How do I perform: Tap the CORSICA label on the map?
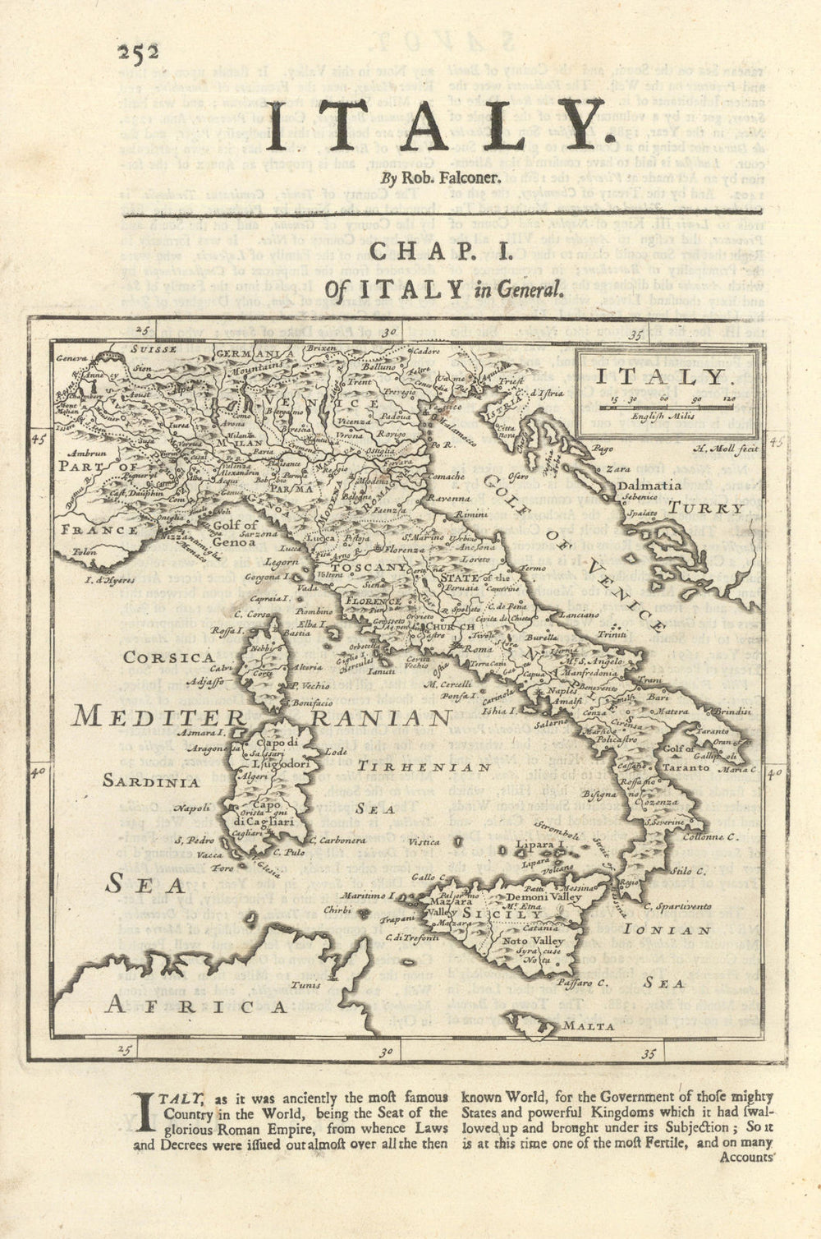(x=169, y=657)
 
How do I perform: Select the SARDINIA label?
(x=150, y=782)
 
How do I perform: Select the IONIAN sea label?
(x=667, y=930)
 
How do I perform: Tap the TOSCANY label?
(x=369, y=567)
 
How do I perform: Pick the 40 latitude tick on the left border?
(x=38, y=771)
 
